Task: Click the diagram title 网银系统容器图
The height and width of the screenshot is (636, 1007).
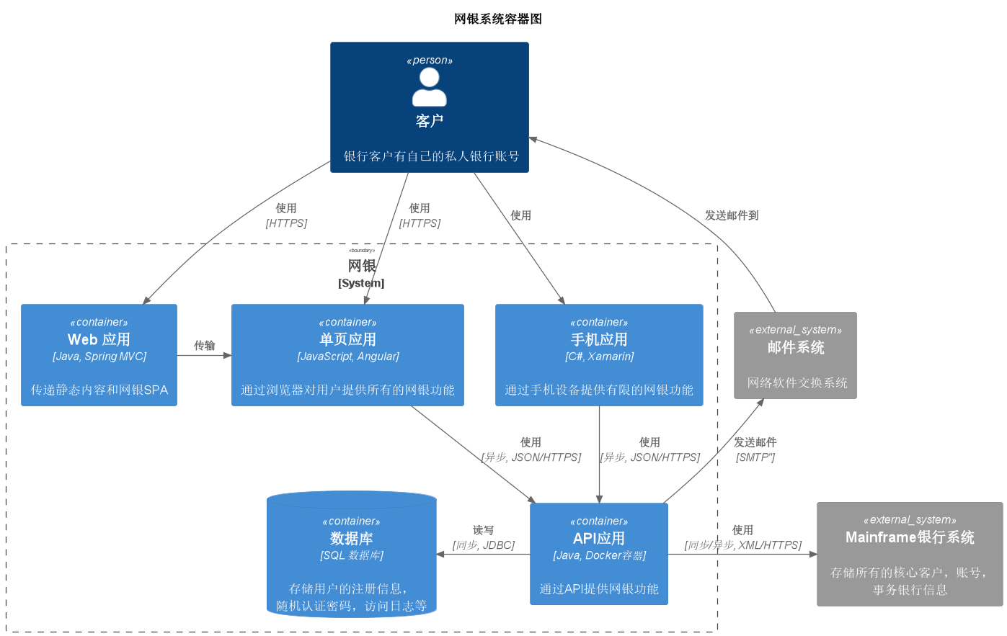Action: [x=497, y=19]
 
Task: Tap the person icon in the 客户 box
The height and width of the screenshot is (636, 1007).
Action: [x=430, y=88]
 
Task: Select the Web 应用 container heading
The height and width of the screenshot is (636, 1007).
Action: [x=99, y=339]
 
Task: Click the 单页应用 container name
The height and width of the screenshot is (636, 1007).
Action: [x=347, y=339]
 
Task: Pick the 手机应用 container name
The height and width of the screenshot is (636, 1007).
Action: [x=599, y=339]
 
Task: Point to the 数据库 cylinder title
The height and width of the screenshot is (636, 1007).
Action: [x=352, y=538]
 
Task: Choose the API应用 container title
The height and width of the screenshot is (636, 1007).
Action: [x=599, y=538]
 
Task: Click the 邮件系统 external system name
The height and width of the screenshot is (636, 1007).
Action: [x=796, y=347]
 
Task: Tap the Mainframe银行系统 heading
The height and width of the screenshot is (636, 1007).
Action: [x=910, y=537]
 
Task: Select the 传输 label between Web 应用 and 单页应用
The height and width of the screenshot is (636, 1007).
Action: [x=205, y=346]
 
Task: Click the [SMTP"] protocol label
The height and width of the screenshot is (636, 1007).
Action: [x=755, y=457]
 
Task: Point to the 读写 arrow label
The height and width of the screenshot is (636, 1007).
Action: [x=484, y=530]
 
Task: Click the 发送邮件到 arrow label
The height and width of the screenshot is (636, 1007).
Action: [x=732, y=215]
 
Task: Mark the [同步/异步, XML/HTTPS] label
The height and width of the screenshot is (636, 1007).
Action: [x=743, y=545]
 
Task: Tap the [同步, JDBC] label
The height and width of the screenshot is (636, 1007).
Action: [x=484, y=545]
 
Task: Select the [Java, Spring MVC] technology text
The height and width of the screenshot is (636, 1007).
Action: [x=99, y=357]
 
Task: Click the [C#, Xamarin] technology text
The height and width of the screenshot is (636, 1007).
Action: [x=599, y=357]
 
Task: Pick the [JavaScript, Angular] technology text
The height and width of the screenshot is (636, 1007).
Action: [x=347, y=357]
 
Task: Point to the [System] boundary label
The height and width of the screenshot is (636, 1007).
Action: [x=361, y=283]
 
